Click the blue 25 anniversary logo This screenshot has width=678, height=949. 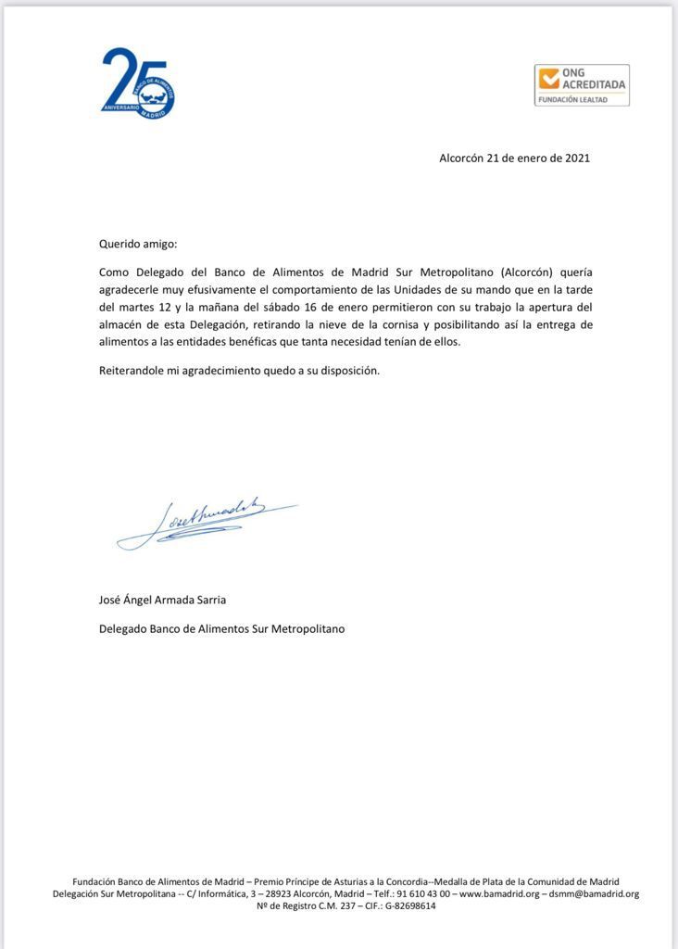137,83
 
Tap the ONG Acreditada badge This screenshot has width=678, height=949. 582,84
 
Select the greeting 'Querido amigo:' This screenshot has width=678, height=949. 137,244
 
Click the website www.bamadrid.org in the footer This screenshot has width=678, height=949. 499,893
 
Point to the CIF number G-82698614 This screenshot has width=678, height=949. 404,905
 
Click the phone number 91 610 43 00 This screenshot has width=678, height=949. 420,893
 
